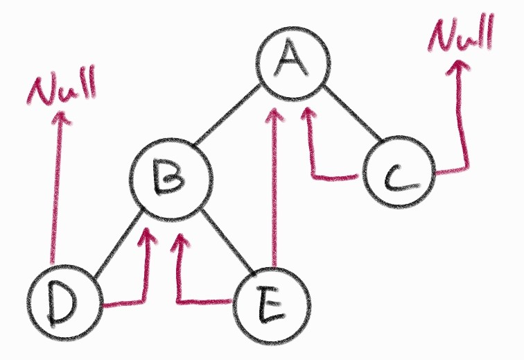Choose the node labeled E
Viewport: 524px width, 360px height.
pos(270,305)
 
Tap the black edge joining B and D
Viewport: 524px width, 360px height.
pos(114,246)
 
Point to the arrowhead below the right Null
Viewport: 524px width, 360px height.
pos(457,68)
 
